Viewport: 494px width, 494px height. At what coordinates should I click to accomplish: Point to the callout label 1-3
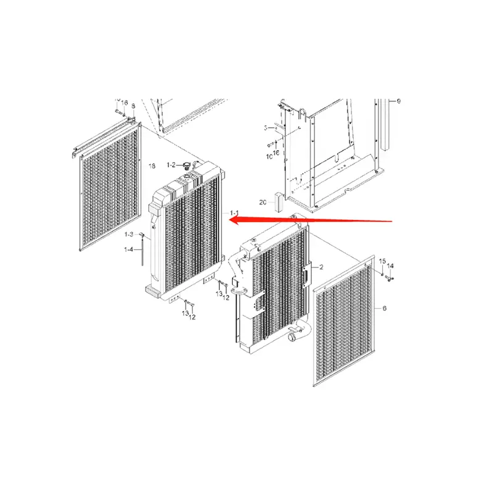pyautogui.click(x=129, y=235)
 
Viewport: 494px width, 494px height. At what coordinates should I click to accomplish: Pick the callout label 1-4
pyautogui.click(x=128, y=249)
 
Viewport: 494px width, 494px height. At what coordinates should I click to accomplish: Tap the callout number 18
pyautogui.click(x=151, y=167)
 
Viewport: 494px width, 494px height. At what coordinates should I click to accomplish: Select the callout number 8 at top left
pyautogui.click(x=133, y=107)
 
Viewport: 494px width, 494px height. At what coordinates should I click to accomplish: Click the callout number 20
pyautogui.click(x=262, y=202)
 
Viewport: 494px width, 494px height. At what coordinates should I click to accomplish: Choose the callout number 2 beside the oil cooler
pyautogui.click(x=321, y=267)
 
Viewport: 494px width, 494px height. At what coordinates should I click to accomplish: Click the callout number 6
pyautogui.click(x=384, y=307)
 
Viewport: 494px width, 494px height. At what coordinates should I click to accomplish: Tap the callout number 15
pyautogui.click(x=382, y=262)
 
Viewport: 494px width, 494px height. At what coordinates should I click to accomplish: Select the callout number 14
pyautogui.click(x=390, y=266)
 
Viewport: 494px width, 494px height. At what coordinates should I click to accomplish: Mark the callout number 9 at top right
pyautogui.click(x=398, y=101)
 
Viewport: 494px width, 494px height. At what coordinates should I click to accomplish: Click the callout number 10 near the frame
pyautogui.click(x=269, y=157)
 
